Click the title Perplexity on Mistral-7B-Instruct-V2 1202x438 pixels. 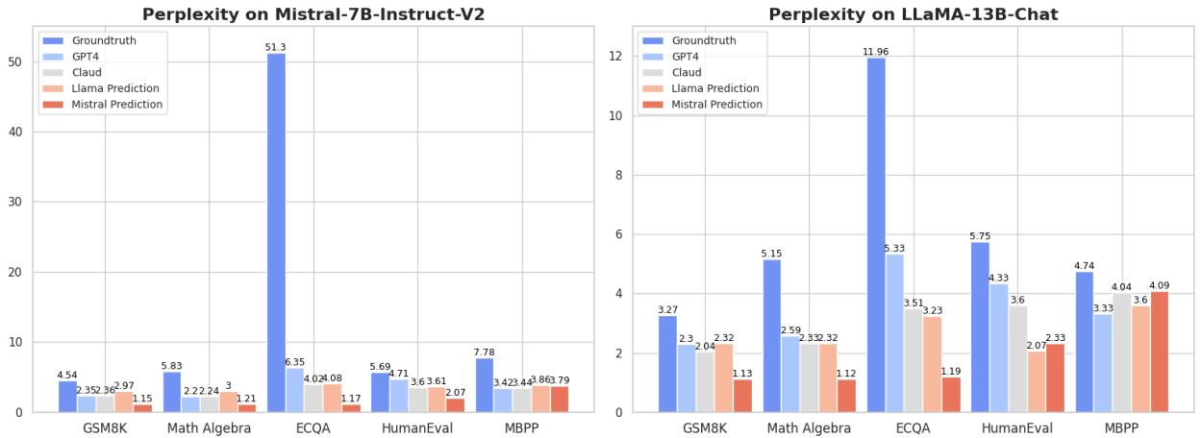click(313, 14)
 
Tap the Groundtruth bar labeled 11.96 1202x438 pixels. click(876, 235)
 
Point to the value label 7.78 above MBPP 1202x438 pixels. click(484, 352)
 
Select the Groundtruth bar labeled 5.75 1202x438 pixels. click(980, 327)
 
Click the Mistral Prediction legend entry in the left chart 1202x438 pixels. click(116, 104)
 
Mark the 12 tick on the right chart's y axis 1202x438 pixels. click(616, 56)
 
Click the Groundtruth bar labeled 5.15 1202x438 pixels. click(772, 336)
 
